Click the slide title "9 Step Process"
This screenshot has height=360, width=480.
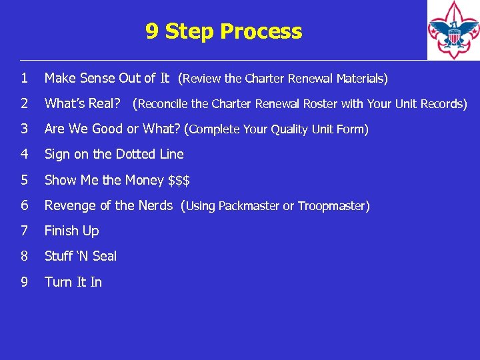point(223,31)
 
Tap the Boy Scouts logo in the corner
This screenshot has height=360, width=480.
point(453,30)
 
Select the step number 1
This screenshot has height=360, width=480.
point(24,79)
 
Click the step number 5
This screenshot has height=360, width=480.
point(24,180)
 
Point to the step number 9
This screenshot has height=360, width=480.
point(24,282)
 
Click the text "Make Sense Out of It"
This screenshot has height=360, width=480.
point(107,79)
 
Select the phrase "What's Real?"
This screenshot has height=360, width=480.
point(83,104)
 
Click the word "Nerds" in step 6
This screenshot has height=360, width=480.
point(155,205)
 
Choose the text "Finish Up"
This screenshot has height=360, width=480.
point(71,231)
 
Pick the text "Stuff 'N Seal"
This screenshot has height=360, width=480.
point(80,257)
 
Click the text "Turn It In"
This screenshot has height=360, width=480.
point(73,282)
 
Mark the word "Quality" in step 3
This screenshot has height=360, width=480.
point(291,129)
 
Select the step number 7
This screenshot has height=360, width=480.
point(24,231)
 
